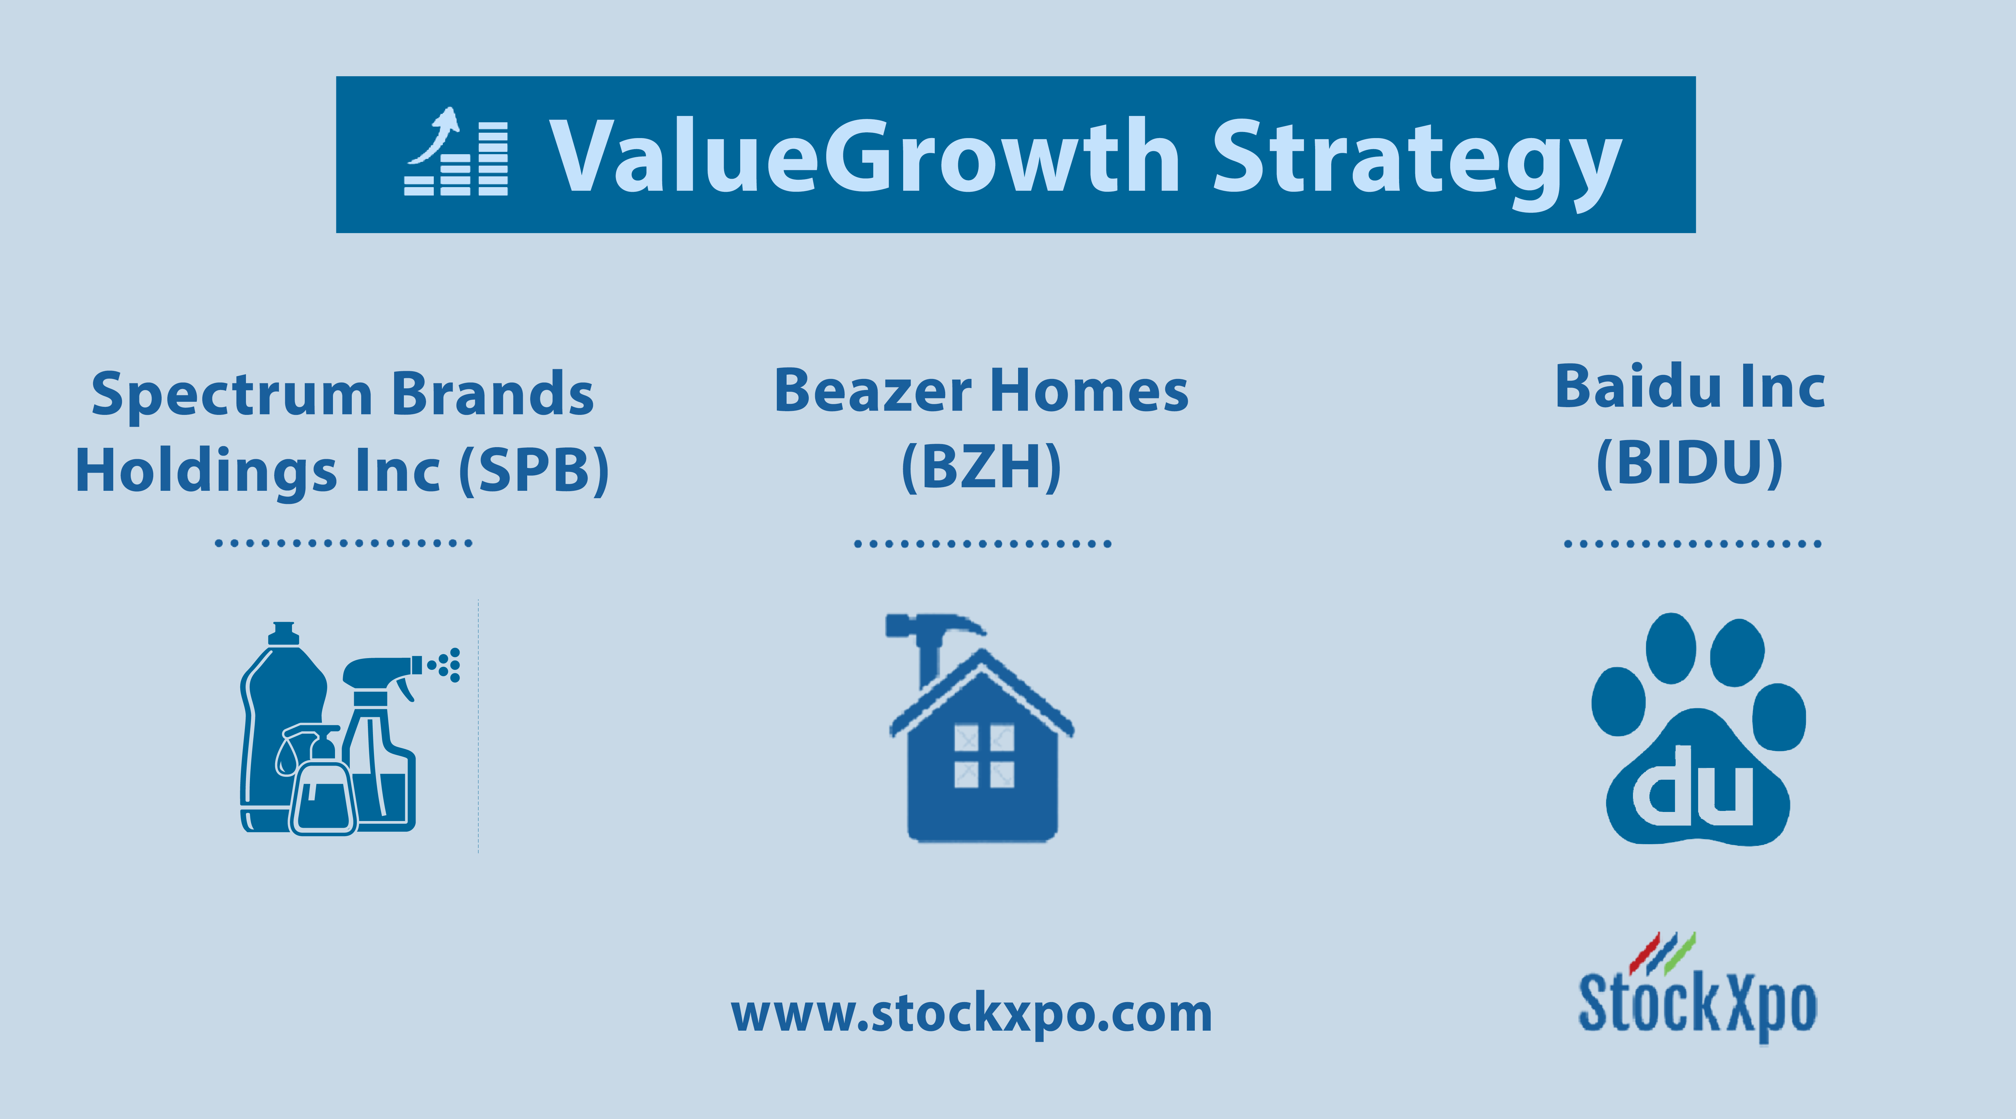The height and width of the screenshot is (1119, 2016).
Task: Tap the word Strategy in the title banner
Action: [1417, 164]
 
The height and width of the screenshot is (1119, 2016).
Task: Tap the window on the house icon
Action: [984, 756]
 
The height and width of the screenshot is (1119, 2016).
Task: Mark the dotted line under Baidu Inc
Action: [1692, 543]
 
